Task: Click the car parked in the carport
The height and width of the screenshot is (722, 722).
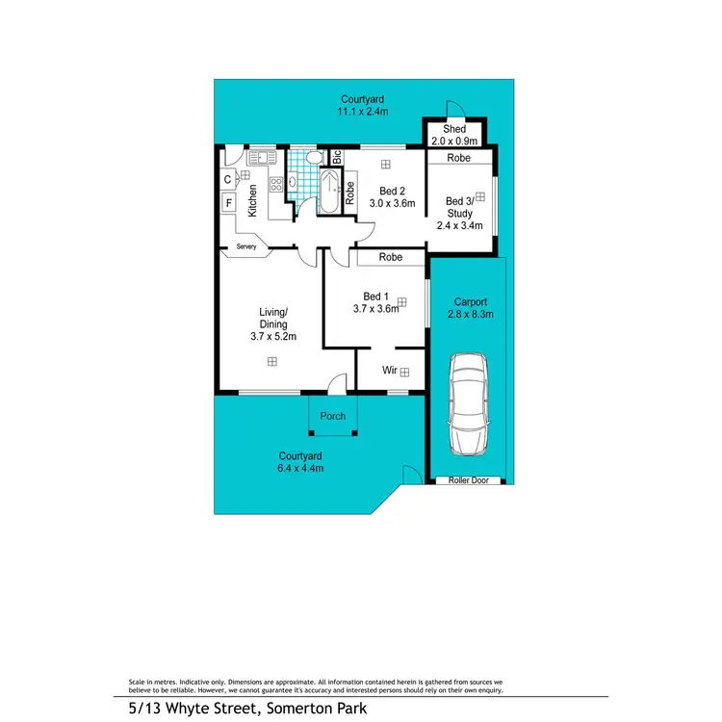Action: pos(468,402)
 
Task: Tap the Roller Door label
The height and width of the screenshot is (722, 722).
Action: pos(468,479)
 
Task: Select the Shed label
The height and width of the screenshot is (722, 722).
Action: pos(454,129)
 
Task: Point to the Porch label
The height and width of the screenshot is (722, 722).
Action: pos(332,417)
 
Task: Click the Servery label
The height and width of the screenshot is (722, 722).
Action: pos(246,247)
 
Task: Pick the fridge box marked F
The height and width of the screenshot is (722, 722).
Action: pos(229,202)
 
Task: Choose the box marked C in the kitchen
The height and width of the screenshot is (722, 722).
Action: pos(228,178)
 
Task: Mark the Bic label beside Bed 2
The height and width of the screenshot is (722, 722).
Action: pos(337,156)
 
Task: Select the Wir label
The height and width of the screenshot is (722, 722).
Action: pos(390,371)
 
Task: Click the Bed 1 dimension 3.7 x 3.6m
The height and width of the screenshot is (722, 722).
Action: pos(380,309)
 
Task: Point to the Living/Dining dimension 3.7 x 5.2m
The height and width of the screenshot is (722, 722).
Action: pos(272,337)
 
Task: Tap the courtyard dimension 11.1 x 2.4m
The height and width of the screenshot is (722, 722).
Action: pos(363,112)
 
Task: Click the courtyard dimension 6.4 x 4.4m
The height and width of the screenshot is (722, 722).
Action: pos(300,469)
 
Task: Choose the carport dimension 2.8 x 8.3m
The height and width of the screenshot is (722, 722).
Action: pos(472,314)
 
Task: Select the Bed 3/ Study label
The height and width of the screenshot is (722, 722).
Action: pos(457,207)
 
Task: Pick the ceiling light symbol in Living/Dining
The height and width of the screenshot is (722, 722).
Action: pos(272,362)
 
